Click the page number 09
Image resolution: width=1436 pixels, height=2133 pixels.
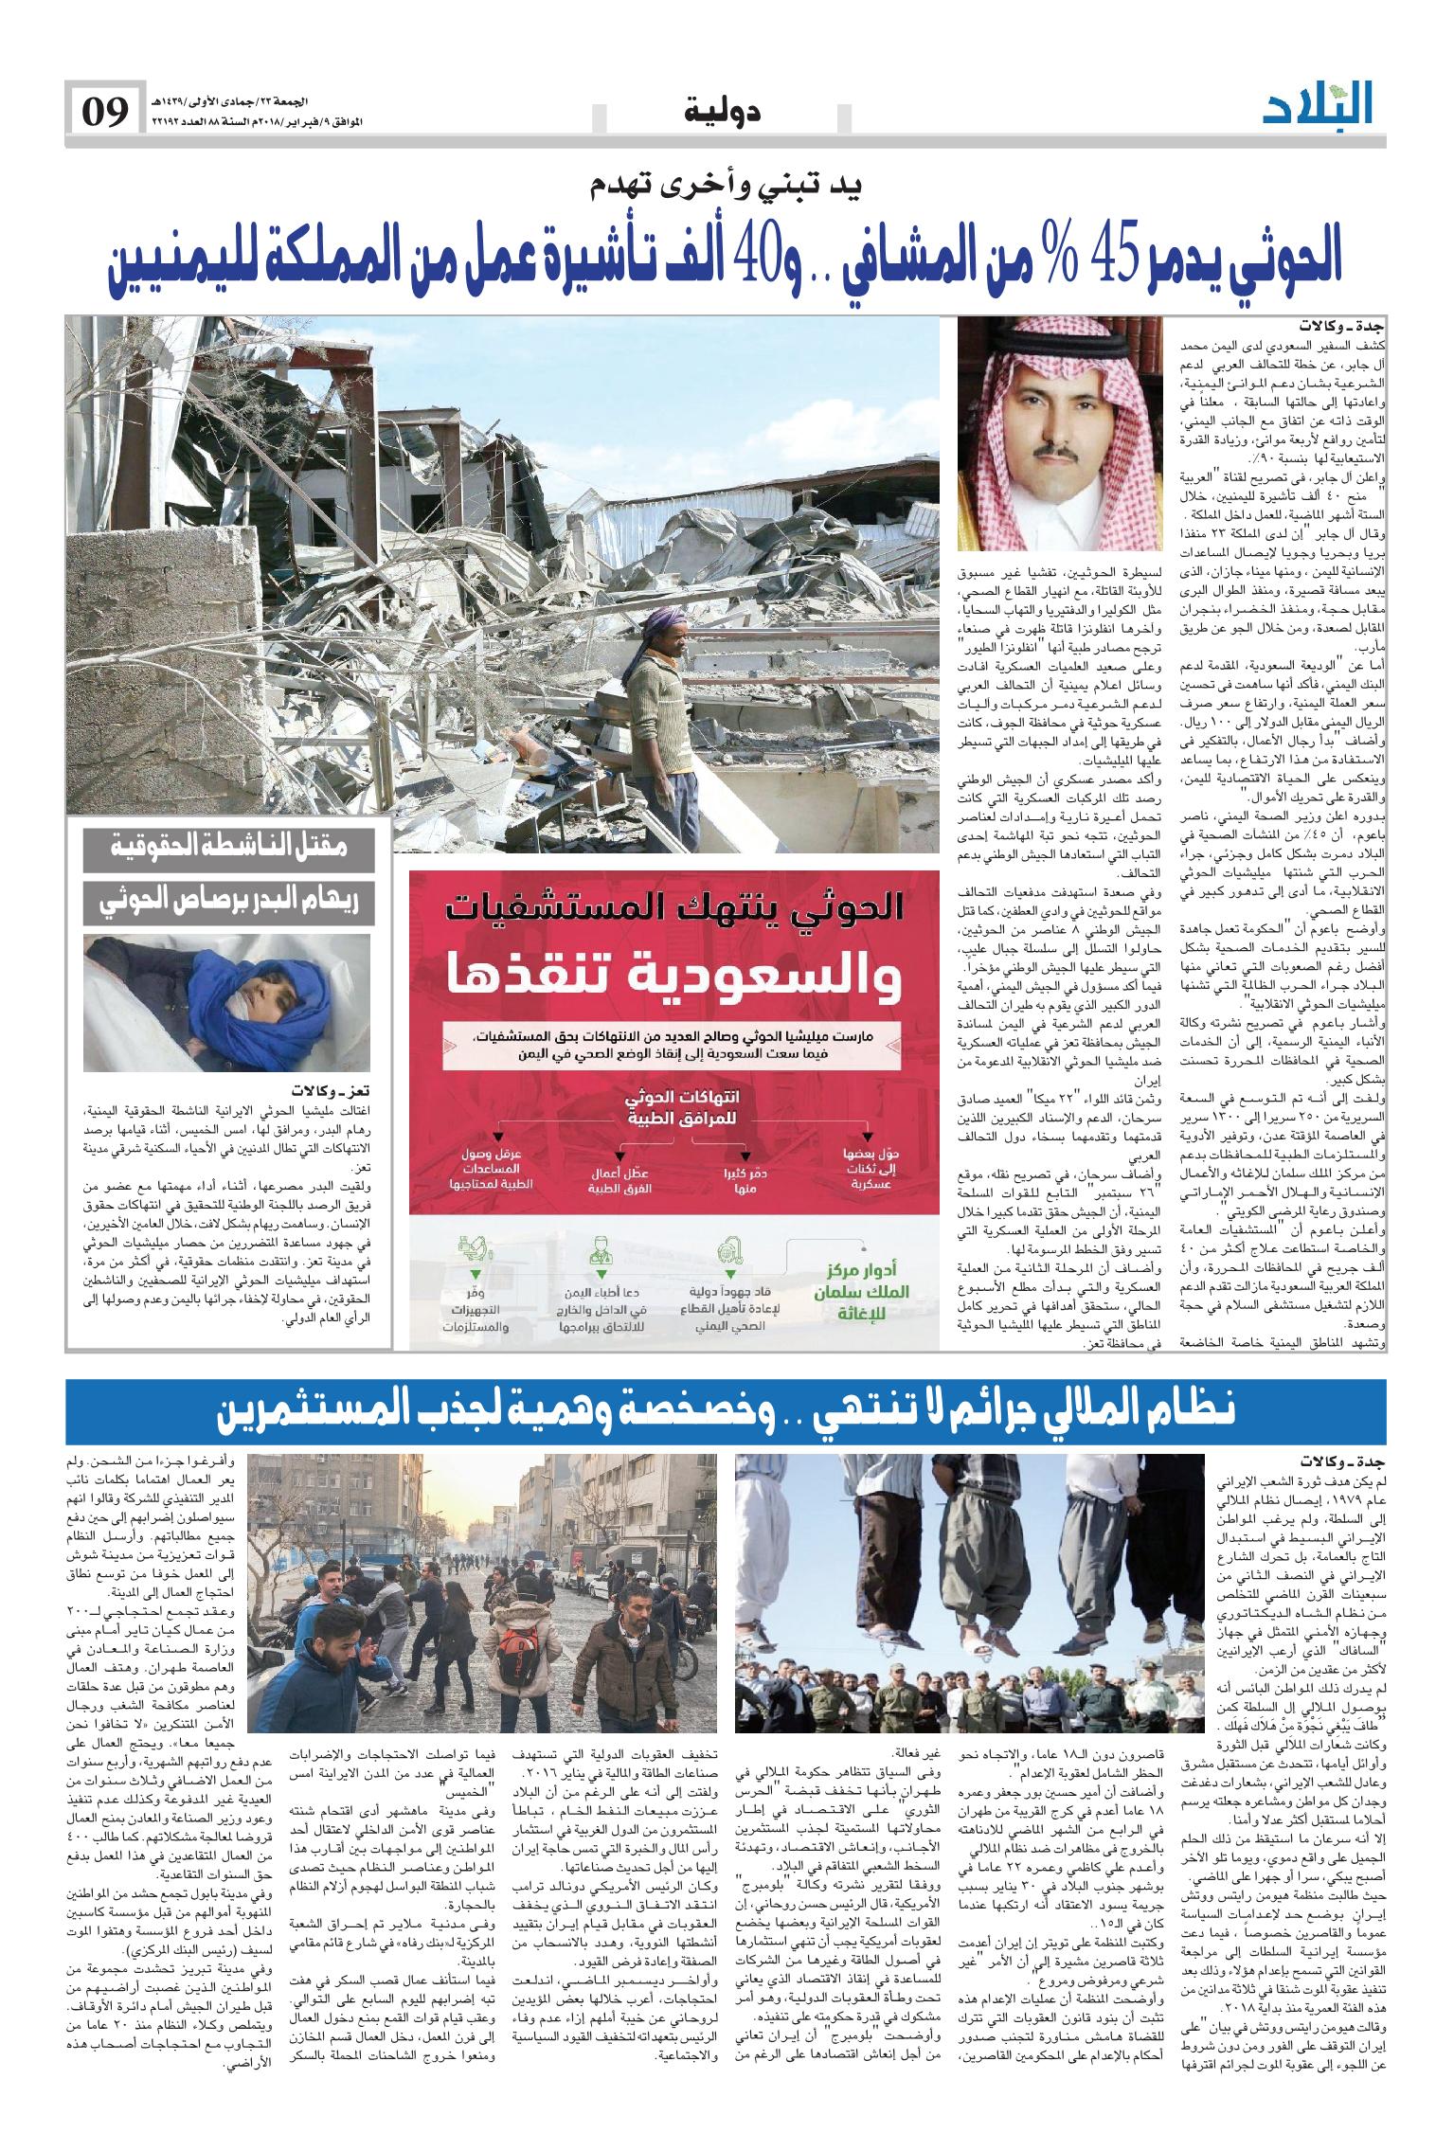coord(104,113)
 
